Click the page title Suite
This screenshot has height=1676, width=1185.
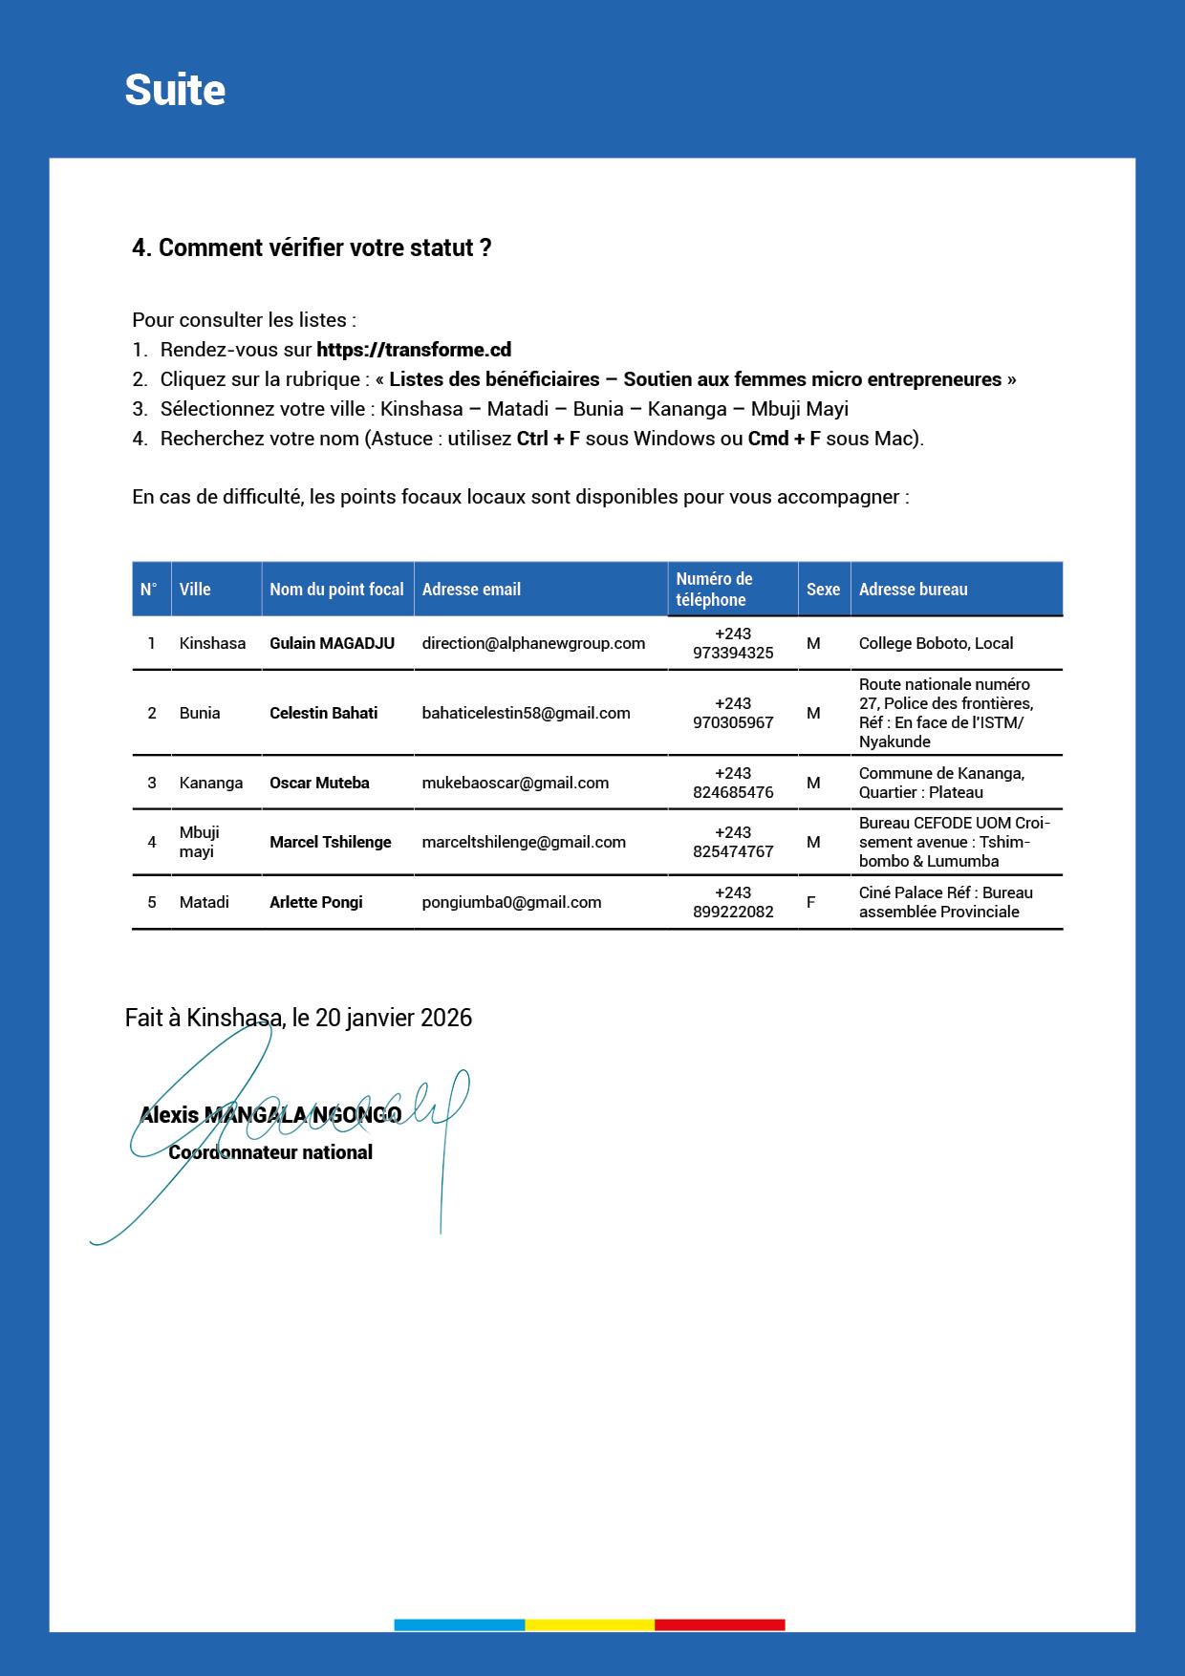(x=175, y=90)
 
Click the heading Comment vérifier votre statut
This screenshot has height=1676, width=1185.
(x=312, y=247)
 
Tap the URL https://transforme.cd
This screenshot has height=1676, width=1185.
(x=414, y=350)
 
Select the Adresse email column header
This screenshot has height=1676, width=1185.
(x=471, y=590)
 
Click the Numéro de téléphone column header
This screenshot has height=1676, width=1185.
(x=714, y=590)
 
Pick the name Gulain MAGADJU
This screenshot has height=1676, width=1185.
(x=332, y=643)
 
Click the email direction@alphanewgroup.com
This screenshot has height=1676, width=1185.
(x=533, y=643)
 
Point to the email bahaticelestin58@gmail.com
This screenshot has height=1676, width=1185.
(x=526, y=713)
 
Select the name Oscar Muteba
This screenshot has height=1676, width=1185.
(x=319, y=783)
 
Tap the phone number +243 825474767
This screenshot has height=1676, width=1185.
(x=733, y=842)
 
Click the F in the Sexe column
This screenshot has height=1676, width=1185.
(x=811, y=902)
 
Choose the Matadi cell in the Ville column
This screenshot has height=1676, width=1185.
(x=204, y=902)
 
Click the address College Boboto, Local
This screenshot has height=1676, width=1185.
(x=936, y=643)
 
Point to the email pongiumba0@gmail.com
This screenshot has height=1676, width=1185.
(x=511, y=902)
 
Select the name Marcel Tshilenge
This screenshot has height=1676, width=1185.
(x=330, y=842)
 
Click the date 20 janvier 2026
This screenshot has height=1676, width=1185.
(x=393, y=1018)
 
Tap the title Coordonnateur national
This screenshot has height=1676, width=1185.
(x=270, y=1152)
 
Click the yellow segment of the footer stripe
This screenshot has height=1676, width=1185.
(x=590, y=1624)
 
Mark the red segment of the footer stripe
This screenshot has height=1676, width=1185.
(x=720, y=1624)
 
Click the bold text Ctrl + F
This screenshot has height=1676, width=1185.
(x=549, y=439)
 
